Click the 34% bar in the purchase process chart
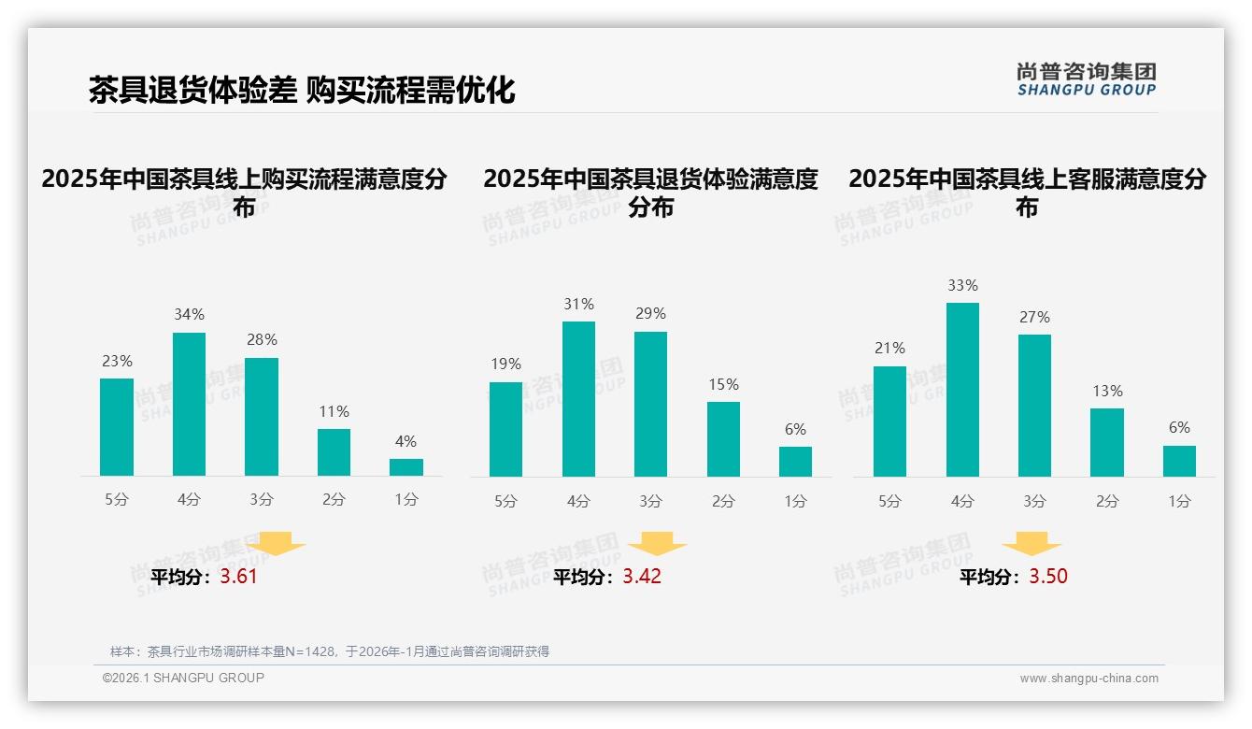point(189,404)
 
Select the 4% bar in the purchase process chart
point(406,467)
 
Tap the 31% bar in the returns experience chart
point(578,399)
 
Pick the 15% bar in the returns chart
point(723,439)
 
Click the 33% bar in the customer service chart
point(962,390)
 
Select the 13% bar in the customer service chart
point(1107,442)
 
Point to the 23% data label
point(117,362)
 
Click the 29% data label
point(650,314)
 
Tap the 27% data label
point(1034,318)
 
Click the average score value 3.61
point(238,577)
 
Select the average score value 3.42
point(642,577)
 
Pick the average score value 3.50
point(1048,577)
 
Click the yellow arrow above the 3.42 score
point(657,543)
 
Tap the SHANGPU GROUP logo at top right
point(1087,79)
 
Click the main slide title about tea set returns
point(302,90)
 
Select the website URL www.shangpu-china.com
point(1088,679)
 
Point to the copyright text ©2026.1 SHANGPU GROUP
point(183,678)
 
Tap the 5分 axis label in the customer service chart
point(889,502)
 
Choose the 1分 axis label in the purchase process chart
point(406,500)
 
